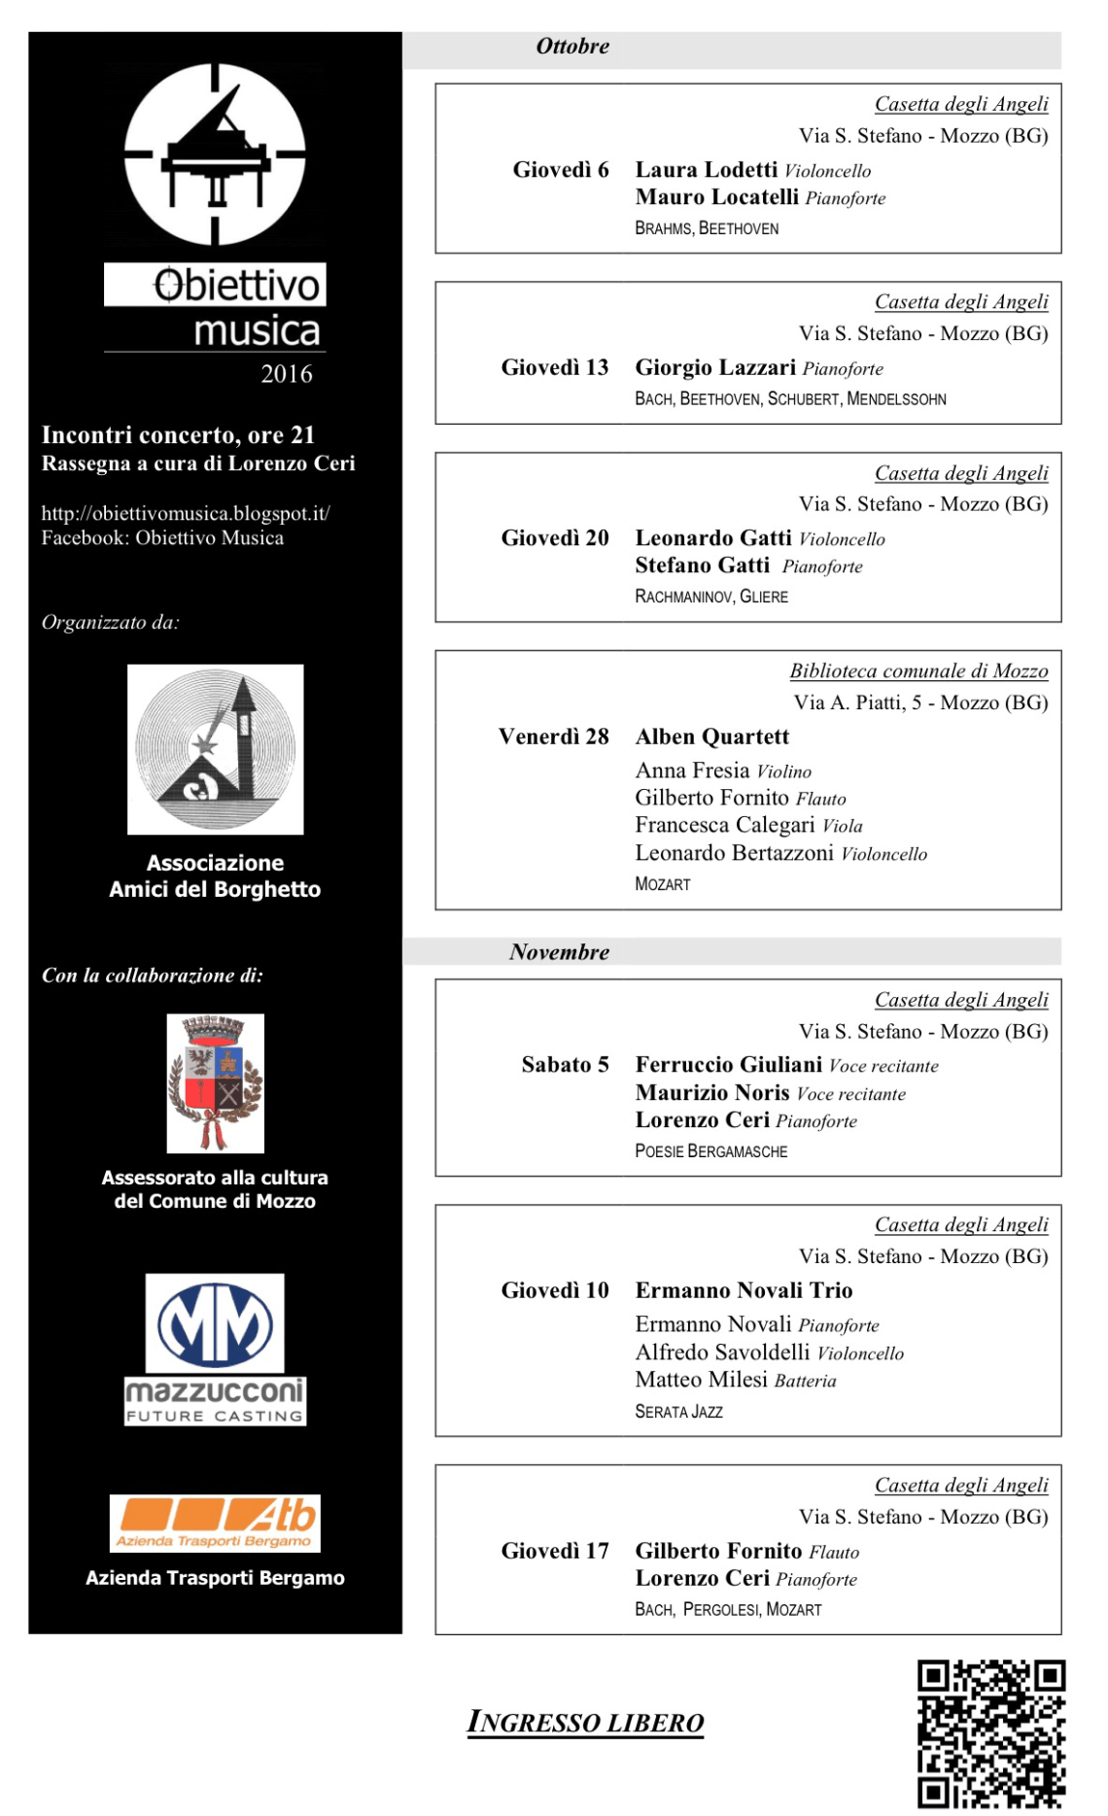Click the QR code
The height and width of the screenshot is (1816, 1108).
[990, 1733]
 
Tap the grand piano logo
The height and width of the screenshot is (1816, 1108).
[215, 154]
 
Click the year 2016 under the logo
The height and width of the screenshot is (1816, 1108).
[287, 374]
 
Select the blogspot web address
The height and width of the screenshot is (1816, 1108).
[186, 513]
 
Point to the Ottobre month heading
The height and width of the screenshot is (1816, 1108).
[572, 47]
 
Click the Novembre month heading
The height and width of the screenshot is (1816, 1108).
[559, 952]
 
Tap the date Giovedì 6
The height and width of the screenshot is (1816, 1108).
[560, 170]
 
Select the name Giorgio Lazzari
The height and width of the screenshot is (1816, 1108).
[715, 367]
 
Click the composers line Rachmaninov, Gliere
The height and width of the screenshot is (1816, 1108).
[711, 597]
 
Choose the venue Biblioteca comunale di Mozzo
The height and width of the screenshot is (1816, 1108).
[918, 671]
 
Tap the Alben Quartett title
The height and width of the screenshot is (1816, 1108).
[712, 737]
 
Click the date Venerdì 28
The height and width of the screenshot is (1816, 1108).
[553, 737]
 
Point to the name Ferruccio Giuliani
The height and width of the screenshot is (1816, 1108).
[729, 1065]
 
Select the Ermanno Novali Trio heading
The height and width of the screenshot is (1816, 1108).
[744, 1290]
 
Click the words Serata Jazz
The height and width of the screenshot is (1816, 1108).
[678, 1412]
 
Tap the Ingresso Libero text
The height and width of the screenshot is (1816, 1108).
[585, 1722]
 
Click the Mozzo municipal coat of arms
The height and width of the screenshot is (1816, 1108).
[215, 1082]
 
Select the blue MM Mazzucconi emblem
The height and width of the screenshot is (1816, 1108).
[215, 1323]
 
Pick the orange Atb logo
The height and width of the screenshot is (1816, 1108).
[215, 1522]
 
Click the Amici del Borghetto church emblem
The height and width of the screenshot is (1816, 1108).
[215, 749]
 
